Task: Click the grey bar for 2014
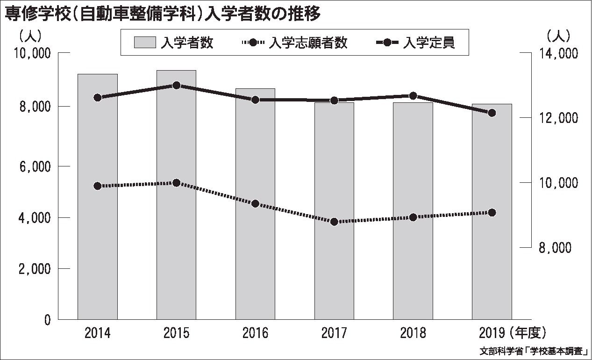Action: [97, 196]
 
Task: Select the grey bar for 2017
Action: [334, 210]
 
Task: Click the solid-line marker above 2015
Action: [176, 86]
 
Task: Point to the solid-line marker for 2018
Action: [413, 96]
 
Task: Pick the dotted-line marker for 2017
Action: [334, 222]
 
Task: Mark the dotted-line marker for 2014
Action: [97, 186]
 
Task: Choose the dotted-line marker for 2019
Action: [492, 213]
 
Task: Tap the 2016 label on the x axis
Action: [255, 333]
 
